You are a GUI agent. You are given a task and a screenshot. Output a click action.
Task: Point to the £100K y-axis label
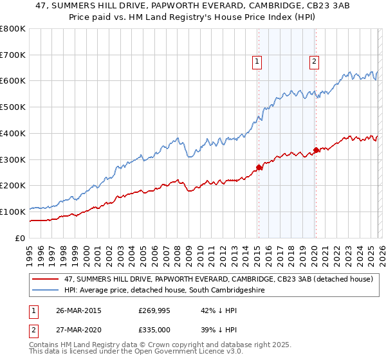13,212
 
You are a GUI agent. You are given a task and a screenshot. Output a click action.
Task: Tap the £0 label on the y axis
19,238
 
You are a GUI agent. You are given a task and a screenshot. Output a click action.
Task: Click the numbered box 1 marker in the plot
257,62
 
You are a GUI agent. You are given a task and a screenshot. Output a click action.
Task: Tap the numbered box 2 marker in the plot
314,62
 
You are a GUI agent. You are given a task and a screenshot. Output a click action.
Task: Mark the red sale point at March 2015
259,167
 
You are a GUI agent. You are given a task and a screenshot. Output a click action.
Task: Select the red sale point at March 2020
316,150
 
